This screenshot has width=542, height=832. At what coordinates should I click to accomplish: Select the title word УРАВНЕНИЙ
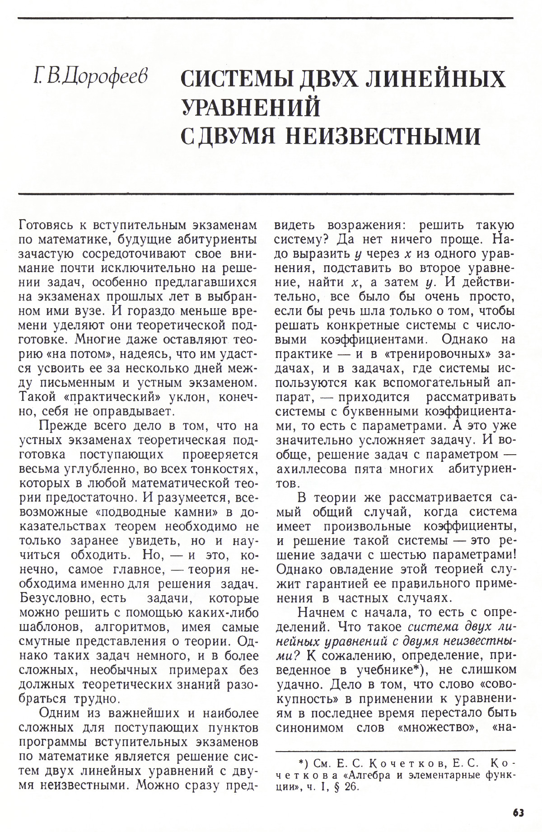click(x=251, y=108)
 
